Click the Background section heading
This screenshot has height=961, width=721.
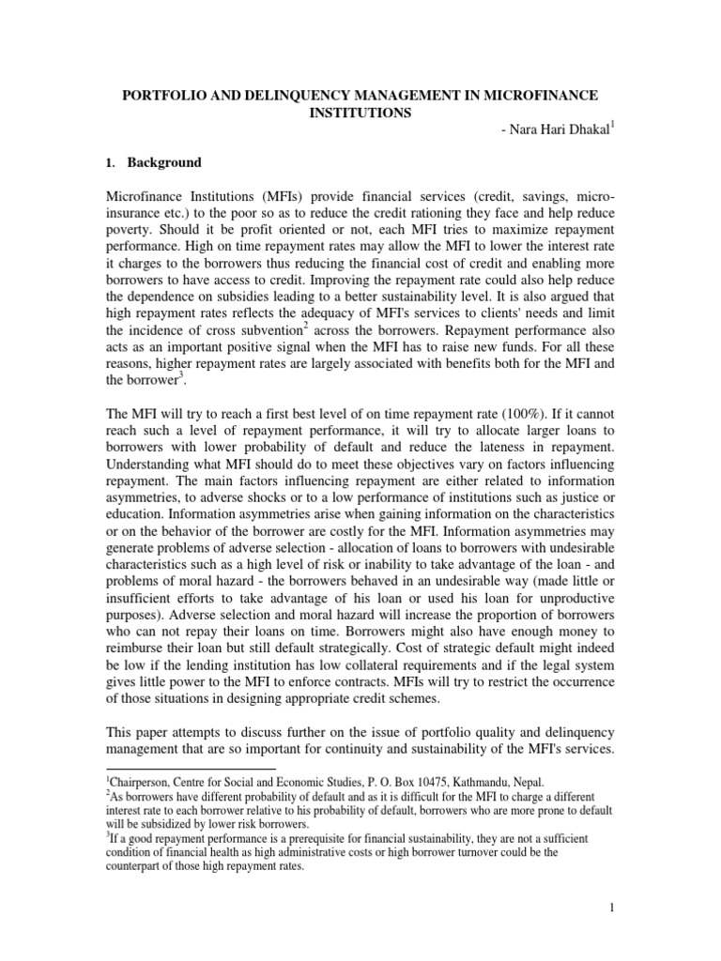pos(164,162)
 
